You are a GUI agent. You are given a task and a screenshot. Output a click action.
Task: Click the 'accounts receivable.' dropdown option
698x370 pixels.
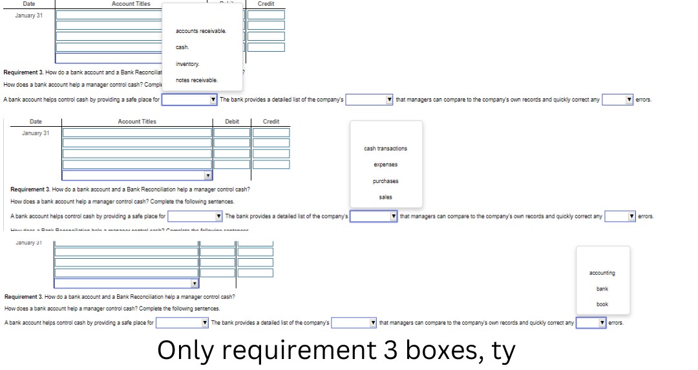[x=201, y=31]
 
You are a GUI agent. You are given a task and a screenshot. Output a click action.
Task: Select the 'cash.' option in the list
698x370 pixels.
[x=182, y=47]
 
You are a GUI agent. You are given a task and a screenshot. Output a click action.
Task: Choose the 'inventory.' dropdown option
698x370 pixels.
[x=188, y=64]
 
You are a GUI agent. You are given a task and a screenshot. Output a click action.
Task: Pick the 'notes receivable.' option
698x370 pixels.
[x=197, y=80]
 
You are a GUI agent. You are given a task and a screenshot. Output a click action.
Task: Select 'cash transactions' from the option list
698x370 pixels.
[x=385, y=149]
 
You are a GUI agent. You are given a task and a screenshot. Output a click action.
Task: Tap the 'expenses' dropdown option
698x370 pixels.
[x=385, y=165]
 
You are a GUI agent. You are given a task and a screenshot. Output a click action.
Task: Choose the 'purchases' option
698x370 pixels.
[x=385, y=181]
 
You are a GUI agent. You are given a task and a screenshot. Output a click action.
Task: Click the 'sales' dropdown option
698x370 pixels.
[x=385, y=197]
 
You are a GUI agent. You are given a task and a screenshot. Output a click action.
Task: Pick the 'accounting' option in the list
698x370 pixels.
[x=602, y=273]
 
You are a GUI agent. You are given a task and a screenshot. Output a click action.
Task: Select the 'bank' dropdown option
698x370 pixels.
[x=602, y=288]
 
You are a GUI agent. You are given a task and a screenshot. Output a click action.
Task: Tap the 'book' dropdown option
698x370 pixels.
[x=602, y=304]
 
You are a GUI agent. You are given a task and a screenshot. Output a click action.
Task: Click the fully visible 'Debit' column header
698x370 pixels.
[x=232, y=122]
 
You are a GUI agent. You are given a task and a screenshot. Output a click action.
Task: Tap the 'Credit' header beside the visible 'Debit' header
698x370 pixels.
[x=271, y=122]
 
